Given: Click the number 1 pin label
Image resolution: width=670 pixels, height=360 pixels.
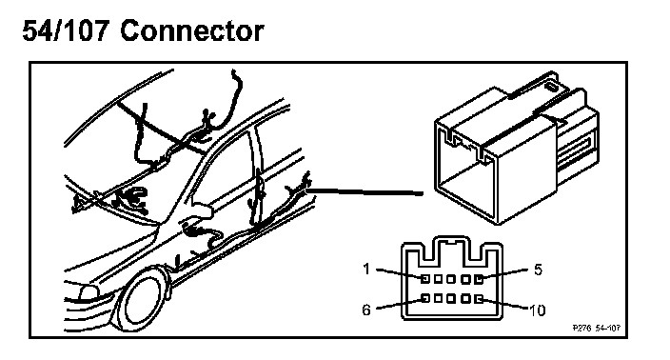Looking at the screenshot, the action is (365, 269).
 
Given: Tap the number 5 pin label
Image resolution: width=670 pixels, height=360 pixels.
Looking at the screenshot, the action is (538, 270).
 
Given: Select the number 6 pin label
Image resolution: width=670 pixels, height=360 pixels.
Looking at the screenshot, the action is (366, 310).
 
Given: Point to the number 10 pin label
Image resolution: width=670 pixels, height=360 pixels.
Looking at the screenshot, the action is (538, 310).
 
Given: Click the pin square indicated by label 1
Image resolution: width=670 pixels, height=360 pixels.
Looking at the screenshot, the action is (425, 279).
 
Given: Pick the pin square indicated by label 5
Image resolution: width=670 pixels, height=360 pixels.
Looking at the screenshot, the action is (479, 279).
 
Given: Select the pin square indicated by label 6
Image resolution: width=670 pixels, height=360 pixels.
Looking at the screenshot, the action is (425, 298).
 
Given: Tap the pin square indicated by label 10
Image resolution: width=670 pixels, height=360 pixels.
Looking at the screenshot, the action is (479, 299).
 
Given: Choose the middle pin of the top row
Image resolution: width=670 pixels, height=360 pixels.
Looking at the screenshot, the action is (451, 279).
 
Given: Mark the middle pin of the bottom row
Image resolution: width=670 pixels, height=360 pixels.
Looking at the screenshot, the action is (451, 298).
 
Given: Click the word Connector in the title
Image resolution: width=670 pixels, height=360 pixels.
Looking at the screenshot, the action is (192, 31).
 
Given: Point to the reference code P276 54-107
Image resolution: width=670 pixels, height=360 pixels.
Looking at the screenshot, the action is (596, 328).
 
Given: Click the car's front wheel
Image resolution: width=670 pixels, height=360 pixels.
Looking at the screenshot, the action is (143, 298).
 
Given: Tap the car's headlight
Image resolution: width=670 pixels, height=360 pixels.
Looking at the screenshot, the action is (89, 293).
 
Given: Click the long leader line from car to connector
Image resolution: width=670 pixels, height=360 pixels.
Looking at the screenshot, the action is (365, 191).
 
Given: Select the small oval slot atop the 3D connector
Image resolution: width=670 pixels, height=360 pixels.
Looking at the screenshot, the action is (551, 88).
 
